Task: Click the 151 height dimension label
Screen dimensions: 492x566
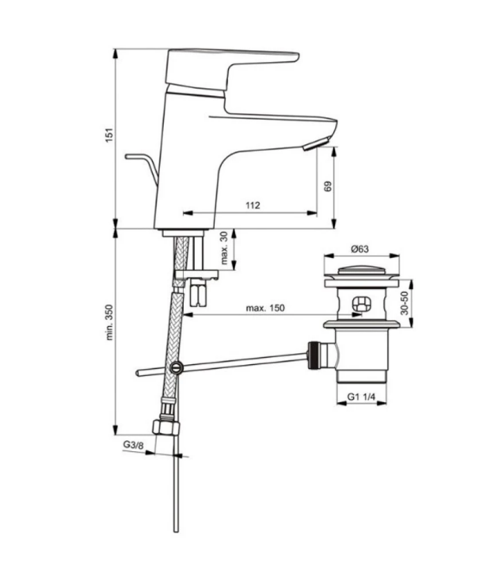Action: coord(109,135)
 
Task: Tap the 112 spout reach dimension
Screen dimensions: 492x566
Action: coord(253,205)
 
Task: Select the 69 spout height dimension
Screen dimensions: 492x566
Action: coord(328,187)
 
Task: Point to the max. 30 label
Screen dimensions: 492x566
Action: coord(224,248)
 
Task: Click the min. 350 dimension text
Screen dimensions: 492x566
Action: coord(110,322)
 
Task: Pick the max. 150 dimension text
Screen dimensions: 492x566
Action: coord(265,308)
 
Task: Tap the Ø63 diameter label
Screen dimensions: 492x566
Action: coord(360,249)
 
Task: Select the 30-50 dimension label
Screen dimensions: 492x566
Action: coord(404,303)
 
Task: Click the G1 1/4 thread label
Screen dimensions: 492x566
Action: coord(361,397)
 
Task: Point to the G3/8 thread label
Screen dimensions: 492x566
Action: coord(133,445)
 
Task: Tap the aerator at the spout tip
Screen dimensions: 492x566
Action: coord(316,144)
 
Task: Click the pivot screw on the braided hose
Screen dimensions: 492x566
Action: coord(176,367)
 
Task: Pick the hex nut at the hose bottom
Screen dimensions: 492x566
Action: coord(166,427)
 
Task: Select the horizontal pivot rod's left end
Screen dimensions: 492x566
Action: coord(138,373)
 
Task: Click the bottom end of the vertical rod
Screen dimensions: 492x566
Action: coord(176,530)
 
